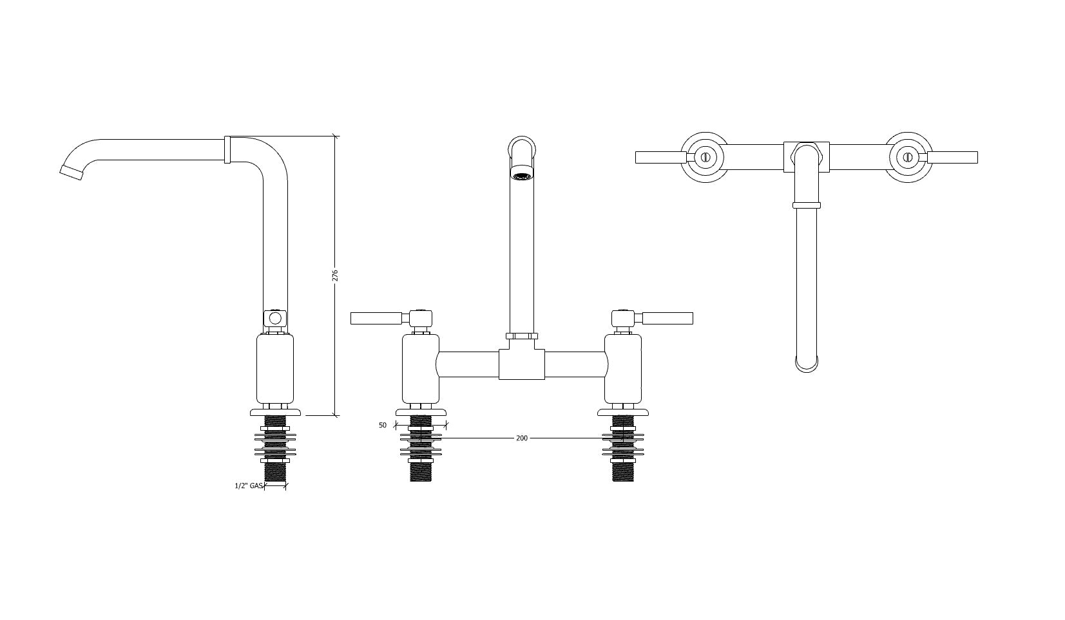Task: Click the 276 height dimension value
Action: coord(335,276)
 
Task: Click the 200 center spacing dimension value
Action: coord(522,438)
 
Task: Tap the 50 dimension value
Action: coord(383,425)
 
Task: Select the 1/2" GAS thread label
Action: coord(249,485)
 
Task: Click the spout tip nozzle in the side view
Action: coord(72,173)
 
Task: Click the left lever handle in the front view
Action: coord(376,318)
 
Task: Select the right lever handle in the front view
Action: coord(667,318)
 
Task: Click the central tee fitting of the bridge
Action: coord(522,364)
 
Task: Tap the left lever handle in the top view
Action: coord(661,157)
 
